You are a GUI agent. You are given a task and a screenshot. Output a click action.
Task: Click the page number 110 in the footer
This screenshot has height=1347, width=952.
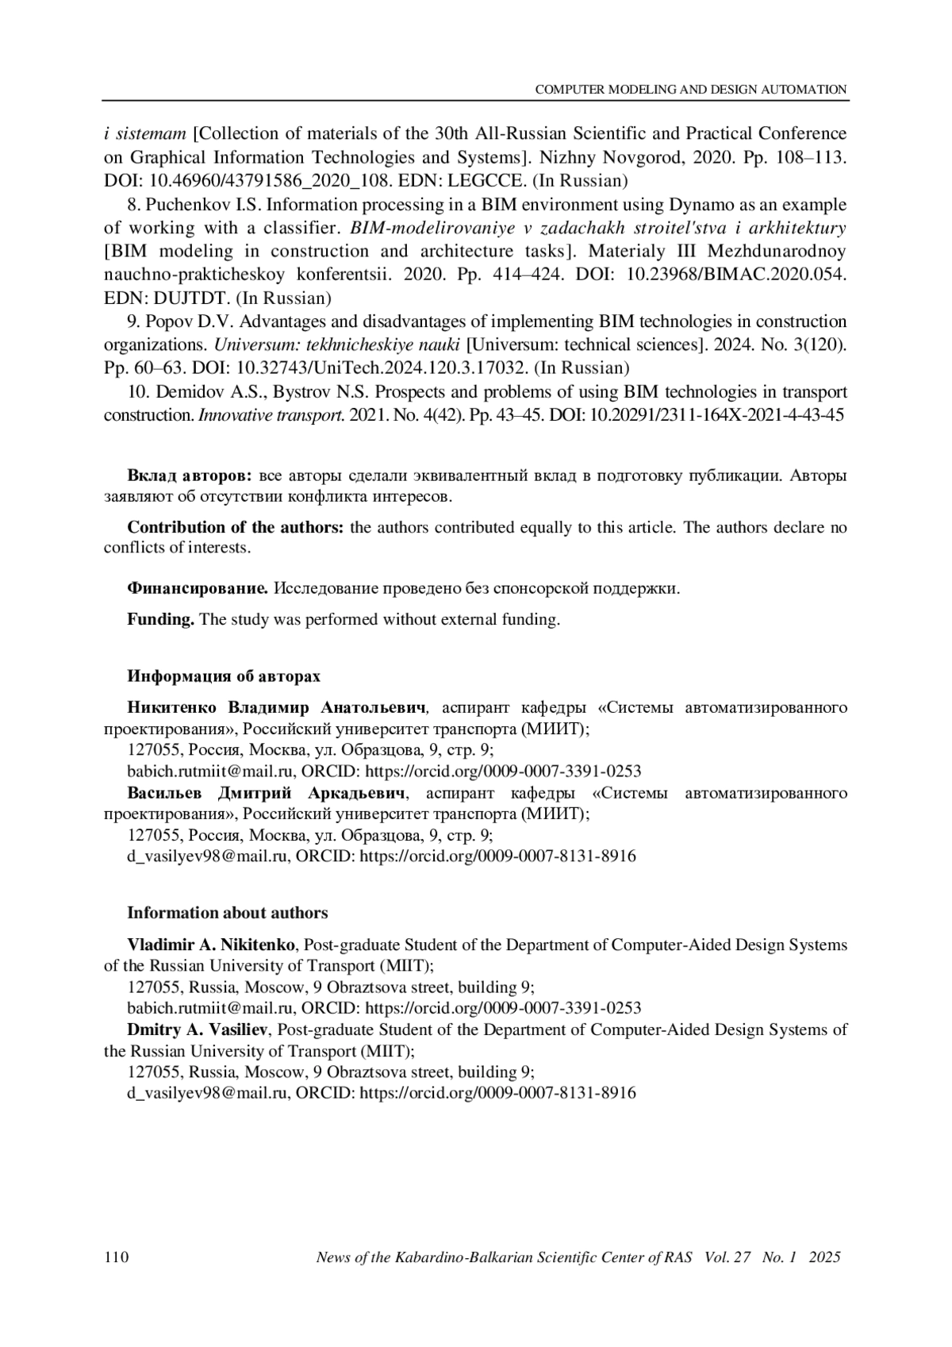(116, 1257)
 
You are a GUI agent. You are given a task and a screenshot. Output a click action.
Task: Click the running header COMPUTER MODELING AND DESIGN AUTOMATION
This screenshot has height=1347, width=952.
(691, 90)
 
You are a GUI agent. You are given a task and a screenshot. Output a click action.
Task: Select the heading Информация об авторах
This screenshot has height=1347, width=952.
(224, 676)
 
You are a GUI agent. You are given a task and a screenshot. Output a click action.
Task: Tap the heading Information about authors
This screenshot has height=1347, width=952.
(227, 913)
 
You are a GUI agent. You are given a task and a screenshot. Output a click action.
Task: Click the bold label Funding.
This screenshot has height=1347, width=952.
(160, 619)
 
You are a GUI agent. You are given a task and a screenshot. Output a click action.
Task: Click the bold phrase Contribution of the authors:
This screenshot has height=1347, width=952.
(236, 528)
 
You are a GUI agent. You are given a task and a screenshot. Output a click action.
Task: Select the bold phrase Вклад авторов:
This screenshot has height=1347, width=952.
(190, 476)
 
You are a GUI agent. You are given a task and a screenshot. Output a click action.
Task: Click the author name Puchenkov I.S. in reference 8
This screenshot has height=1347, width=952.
(195, 205)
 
